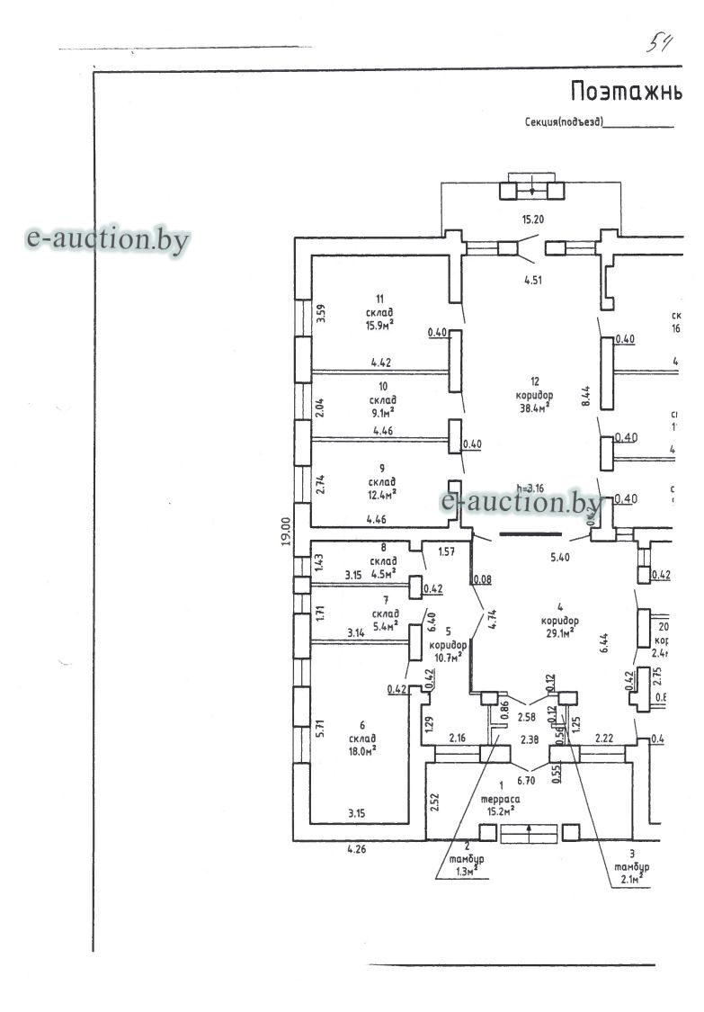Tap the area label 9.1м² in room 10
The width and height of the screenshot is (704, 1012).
(x=380, y=413)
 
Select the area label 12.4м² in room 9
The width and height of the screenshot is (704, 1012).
(x=381, y=494)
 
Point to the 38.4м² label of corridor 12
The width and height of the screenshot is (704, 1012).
(x=534, y=407)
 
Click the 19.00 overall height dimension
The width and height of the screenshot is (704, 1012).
(x=284, y=531)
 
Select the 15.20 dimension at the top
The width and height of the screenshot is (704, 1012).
(x=534, y=219)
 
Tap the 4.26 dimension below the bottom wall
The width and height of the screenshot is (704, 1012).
(x=359, y=847)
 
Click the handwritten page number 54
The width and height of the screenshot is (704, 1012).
(x=659, y=43)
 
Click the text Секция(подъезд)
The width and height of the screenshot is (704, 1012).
(x=563, y=121)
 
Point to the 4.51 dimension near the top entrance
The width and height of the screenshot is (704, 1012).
(x=534, y=280)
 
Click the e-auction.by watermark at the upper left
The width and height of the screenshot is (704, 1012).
(x=108, y=239)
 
